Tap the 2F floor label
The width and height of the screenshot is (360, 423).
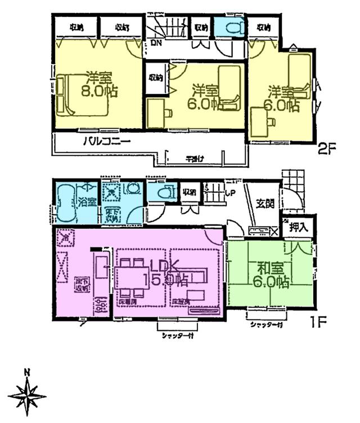(x=327, y=150)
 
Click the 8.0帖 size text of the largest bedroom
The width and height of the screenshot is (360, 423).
(x=98, y=91)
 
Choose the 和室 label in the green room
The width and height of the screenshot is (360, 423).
(x=271, y=268)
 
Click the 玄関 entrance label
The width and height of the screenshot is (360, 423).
(x=265, y=204)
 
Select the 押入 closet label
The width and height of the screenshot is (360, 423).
(x=298, y=228)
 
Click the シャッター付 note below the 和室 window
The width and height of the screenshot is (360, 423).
(x=265, y=325)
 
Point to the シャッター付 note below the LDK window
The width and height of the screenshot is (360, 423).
(x=174, y=336)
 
